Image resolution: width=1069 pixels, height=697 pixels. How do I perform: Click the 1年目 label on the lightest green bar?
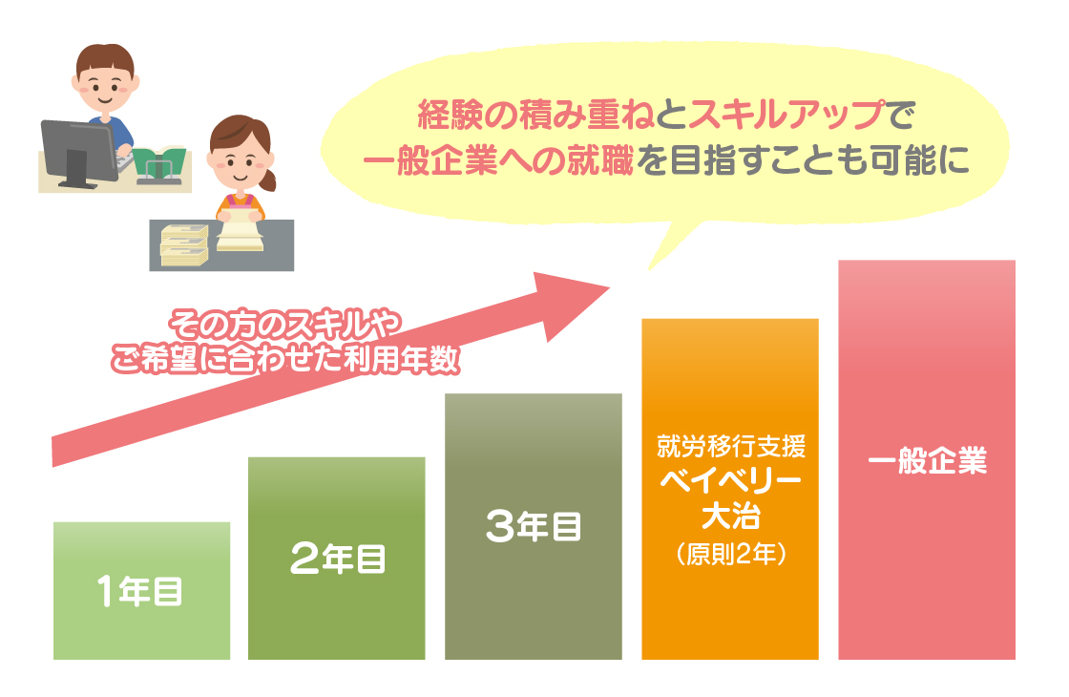[x=139, y=591]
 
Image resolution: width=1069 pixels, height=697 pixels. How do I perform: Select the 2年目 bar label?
[x=338, y=559]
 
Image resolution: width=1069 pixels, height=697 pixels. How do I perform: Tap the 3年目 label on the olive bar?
[x=534, y=526]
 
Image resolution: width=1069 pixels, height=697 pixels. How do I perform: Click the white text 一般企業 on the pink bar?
[x=927, y=461]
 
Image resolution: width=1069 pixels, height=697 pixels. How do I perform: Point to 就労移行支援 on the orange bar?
[x=731, y=447]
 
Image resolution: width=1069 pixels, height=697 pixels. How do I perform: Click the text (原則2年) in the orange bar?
[x=731, y=553]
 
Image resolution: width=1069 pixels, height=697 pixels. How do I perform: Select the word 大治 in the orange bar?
[x=731, y=516]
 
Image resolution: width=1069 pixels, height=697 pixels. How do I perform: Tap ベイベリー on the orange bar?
[x=731, y=481]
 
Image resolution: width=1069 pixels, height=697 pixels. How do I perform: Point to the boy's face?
[x=105, y=89]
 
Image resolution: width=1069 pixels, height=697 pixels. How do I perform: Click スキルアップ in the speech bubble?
[x=786, y=115]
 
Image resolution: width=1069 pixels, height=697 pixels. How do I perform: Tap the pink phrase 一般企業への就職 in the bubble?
[x=497, y=161]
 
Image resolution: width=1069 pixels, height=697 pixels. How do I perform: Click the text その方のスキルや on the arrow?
[x=285, y=325]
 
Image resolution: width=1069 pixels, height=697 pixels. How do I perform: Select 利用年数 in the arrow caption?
[x=402, y=359]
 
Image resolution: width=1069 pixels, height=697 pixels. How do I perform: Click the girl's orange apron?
[x=240, y=204]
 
